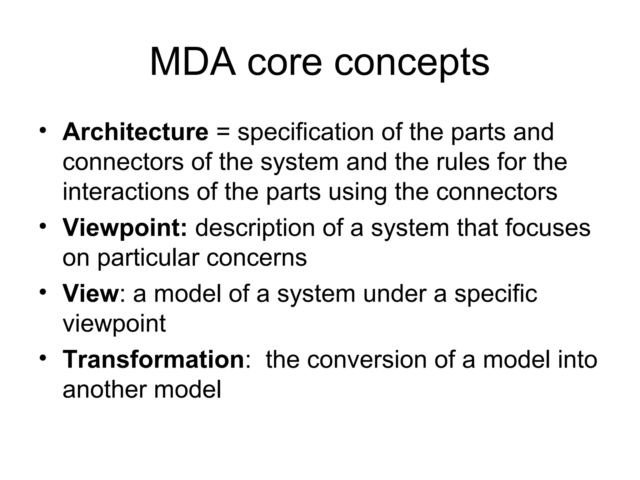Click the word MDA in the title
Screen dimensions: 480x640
pyautogui.click(x=192, y=62)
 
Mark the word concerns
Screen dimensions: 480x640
pyautogui.click(x=257, y=258)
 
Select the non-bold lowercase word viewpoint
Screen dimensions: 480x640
pyautogui.click(x=114, y=324)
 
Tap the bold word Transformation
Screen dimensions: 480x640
pyautogui.click(x=153, y=359)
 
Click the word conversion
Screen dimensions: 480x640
pyautogui.click(x=367, y=359)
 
